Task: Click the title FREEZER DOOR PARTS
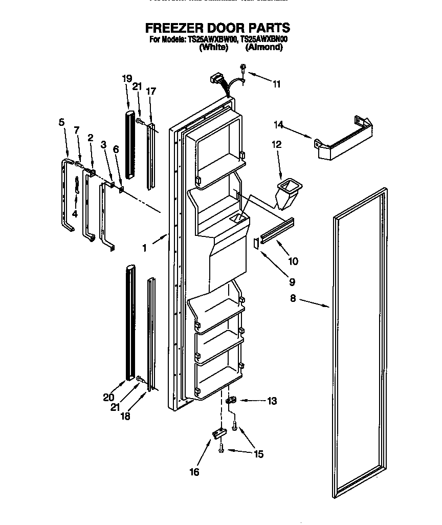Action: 217,28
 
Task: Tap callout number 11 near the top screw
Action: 276,84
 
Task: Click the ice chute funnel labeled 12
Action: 288,192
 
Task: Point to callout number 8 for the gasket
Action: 293,298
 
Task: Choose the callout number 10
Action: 293,261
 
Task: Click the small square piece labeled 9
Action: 257,242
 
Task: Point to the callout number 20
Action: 107,397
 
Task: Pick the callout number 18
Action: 125,416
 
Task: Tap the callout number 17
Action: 150,92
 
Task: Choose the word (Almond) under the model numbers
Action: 263,47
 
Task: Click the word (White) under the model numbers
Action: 213,47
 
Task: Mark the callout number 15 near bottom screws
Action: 259,454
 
